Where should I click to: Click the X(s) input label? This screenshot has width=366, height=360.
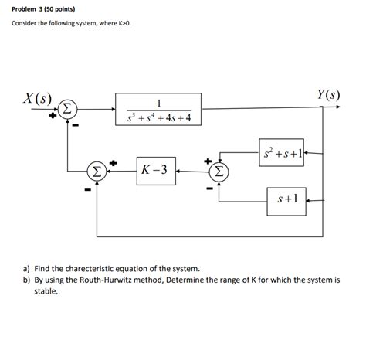pyautogui.click(x=38, y=99)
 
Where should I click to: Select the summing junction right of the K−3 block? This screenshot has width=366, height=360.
pyautogui.click(x=220, y=170)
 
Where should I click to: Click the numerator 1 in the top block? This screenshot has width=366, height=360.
pyautogui.click(x=158, y=102)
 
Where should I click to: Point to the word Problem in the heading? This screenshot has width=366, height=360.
pyautogui.click(x=27, y=8)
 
